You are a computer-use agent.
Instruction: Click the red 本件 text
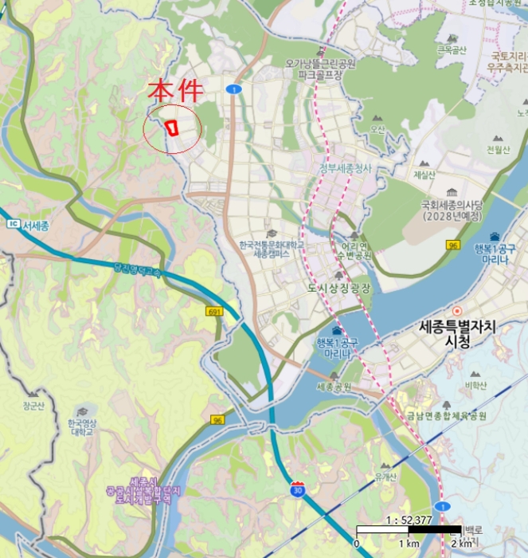pos(176,91)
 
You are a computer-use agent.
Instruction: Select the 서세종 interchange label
pos(36,226)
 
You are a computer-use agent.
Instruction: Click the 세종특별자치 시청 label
pos(456,333)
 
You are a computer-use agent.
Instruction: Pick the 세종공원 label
pos(334,387)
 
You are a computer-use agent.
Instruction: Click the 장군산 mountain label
pos(31,405)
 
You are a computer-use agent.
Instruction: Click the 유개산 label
pos(385,477)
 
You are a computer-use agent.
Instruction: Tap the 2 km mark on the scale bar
pos(461,544)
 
